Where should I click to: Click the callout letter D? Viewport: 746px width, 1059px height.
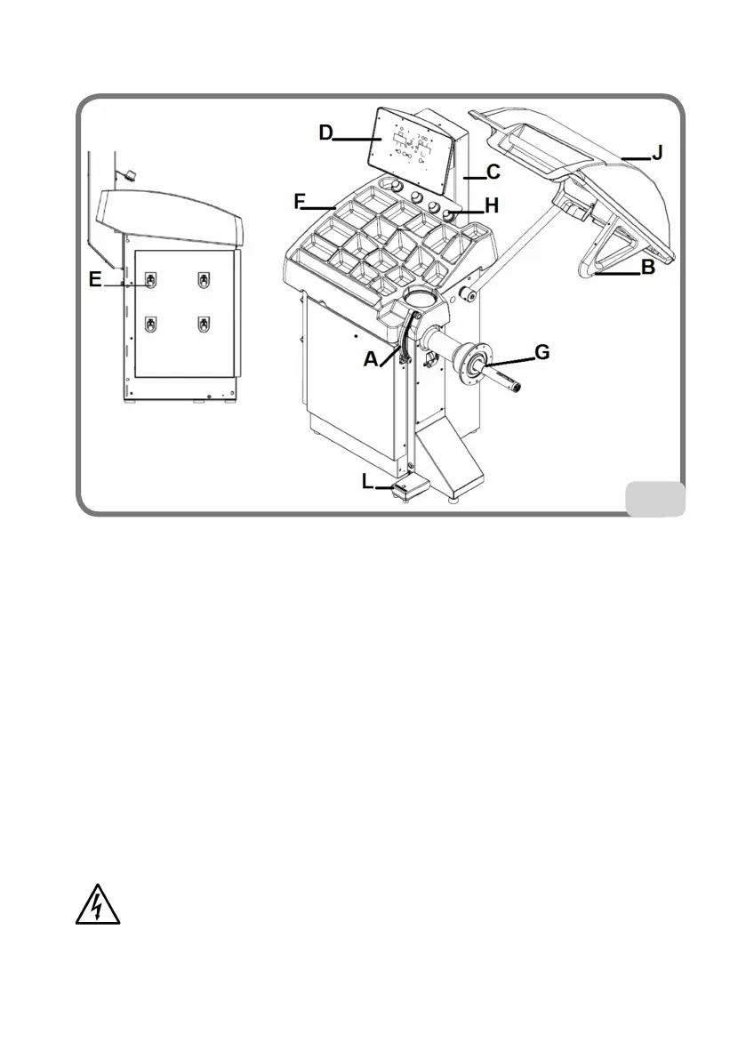pos(326,134)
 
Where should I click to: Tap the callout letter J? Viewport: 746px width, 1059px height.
pos(657,153)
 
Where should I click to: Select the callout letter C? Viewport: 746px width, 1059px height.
pos(493,170)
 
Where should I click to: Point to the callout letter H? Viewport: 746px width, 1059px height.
pos(491,205)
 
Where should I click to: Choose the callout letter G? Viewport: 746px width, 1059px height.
pos(541,354)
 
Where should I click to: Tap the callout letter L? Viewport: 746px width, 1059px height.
pos(368,481)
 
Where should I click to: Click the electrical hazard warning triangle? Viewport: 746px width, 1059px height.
pos(97,904)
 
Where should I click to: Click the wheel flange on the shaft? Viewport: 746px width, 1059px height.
pos(474,361)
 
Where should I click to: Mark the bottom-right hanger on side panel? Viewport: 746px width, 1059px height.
pos(206,322)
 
